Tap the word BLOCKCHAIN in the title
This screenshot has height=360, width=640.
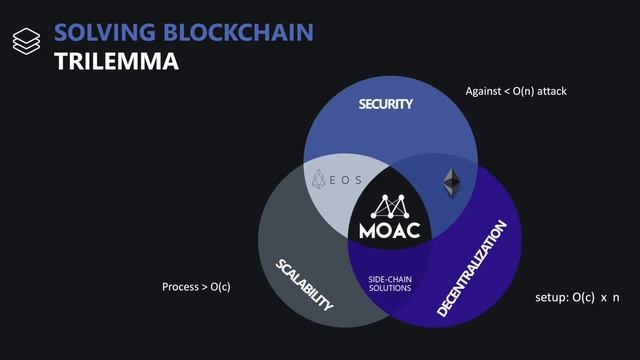pos(239,30)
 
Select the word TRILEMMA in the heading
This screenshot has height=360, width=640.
pos(116,61)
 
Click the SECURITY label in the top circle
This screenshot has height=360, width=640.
pos(386,104)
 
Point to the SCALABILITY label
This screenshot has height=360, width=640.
pos(304,283)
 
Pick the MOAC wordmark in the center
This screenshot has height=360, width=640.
pos(389,229)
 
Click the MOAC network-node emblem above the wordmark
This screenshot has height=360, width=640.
pos(389,204)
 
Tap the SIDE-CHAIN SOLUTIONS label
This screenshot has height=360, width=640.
pos(389,282)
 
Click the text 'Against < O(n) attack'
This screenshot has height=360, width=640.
pos(516,91)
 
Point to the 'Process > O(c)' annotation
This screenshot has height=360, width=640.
pos(196,287)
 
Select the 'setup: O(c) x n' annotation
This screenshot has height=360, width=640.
pos(577,298)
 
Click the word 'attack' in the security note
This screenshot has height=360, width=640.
pos(551,91)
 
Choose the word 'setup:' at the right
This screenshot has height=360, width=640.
pos(551,298)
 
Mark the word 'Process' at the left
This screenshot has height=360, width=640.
pos(181,287)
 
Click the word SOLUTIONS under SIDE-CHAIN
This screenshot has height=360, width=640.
pos(389,288)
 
